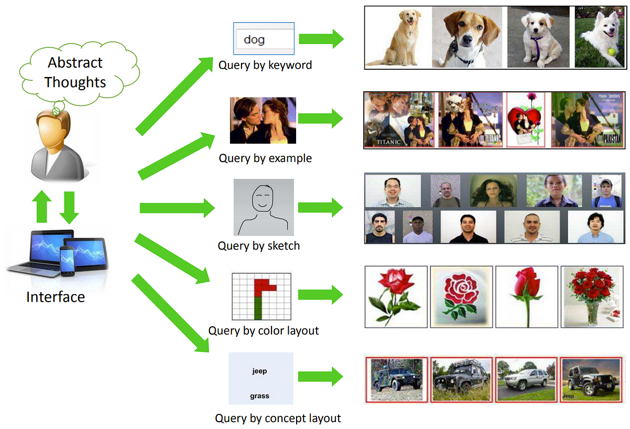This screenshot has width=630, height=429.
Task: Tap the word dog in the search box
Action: pos(254,39)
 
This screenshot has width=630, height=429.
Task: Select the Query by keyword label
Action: pos(265,65)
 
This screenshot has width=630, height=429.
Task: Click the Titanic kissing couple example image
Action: pos(262,121)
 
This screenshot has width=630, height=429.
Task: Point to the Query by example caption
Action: pos(265,158)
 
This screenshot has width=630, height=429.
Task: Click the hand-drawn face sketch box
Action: pos(264,207)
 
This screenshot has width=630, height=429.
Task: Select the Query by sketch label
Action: pos(259,245)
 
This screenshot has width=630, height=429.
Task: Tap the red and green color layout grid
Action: pos(261,296)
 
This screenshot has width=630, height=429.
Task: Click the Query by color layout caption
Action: pos(264,331)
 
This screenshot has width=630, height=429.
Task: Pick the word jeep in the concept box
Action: pos(259,371)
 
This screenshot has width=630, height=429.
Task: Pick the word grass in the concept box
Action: pos(259,396)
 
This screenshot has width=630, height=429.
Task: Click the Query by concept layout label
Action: pos(278,419)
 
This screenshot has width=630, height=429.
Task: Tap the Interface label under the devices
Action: pos(56,297)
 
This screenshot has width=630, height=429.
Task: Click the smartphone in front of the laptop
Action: pos(68,261)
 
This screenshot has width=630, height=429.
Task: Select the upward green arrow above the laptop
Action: pos(43,206)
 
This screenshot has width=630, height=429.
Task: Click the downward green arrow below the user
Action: pos(69,207)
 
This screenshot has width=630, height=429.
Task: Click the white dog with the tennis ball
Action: pos(599,37)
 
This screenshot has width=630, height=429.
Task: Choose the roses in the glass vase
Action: pos(592,296)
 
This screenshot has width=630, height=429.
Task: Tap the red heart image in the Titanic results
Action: pos(526,121)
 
